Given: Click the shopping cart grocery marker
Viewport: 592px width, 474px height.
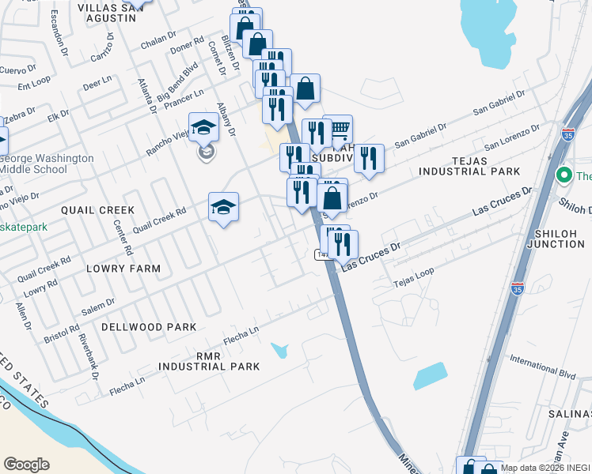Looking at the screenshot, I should (x=338, y=128).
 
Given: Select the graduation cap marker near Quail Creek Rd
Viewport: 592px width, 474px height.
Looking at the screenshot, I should (x=224, y=207).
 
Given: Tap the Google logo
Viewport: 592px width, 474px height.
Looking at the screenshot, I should (x=26, y=465).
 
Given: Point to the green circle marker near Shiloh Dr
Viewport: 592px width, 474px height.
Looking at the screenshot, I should (x=564, y=175).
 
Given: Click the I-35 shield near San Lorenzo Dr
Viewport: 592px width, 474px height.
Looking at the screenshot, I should (x=567, y=136).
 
